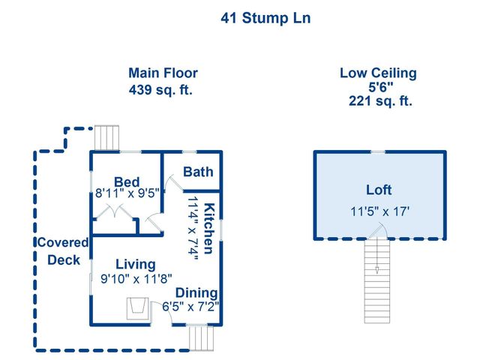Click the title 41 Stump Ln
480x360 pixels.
click(265, 18)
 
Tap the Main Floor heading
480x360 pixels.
click(163, 73)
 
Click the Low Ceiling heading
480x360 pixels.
click(378, 73)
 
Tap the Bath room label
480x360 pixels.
click(198, 172)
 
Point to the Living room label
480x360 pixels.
click(135, 264)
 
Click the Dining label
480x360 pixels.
click(196, 292)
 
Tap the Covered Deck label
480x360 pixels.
click(63, 251)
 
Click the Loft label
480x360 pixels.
click(378, 190)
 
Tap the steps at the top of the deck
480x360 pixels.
click(106, 139)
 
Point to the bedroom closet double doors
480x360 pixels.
click(114, 212)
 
